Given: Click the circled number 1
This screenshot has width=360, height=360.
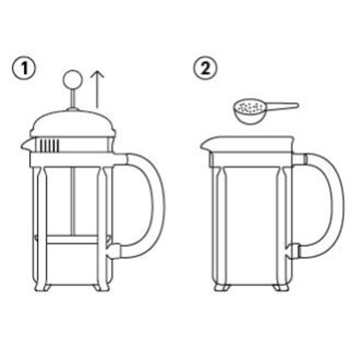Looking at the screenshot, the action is click(24, 68).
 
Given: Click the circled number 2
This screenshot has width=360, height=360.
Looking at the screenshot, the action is click(205, 68).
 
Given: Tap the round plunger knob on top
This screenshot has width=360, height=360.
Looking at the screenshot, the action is click(72, 79).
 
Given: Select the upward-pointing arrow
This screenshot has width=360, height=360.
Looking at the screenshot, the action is click(97, 89).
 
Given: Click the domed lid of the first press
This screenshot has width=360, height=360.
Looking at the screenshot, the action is click(73, 124).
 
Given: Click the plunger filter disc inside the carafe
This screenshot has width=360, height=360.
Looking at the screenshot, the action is click(72, 239).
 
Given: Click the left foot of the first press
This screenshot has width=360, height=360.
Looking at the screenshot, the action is click(42, 288).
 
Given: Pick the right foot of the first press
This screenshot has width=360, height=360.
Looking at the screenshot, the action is click(97, 288).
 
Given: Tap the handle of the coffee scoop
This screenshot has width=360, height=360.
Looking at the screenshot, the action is click(282, 106).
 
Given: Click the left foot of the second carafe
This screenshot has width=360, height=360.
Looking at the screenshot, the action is click(222, 288).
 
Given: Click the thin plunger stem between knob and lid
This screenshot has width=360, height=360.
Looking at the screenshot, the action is click(73, 98).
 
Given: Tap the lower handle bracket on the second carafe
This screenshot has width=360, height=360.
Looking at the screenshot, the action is click(293, 251).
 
